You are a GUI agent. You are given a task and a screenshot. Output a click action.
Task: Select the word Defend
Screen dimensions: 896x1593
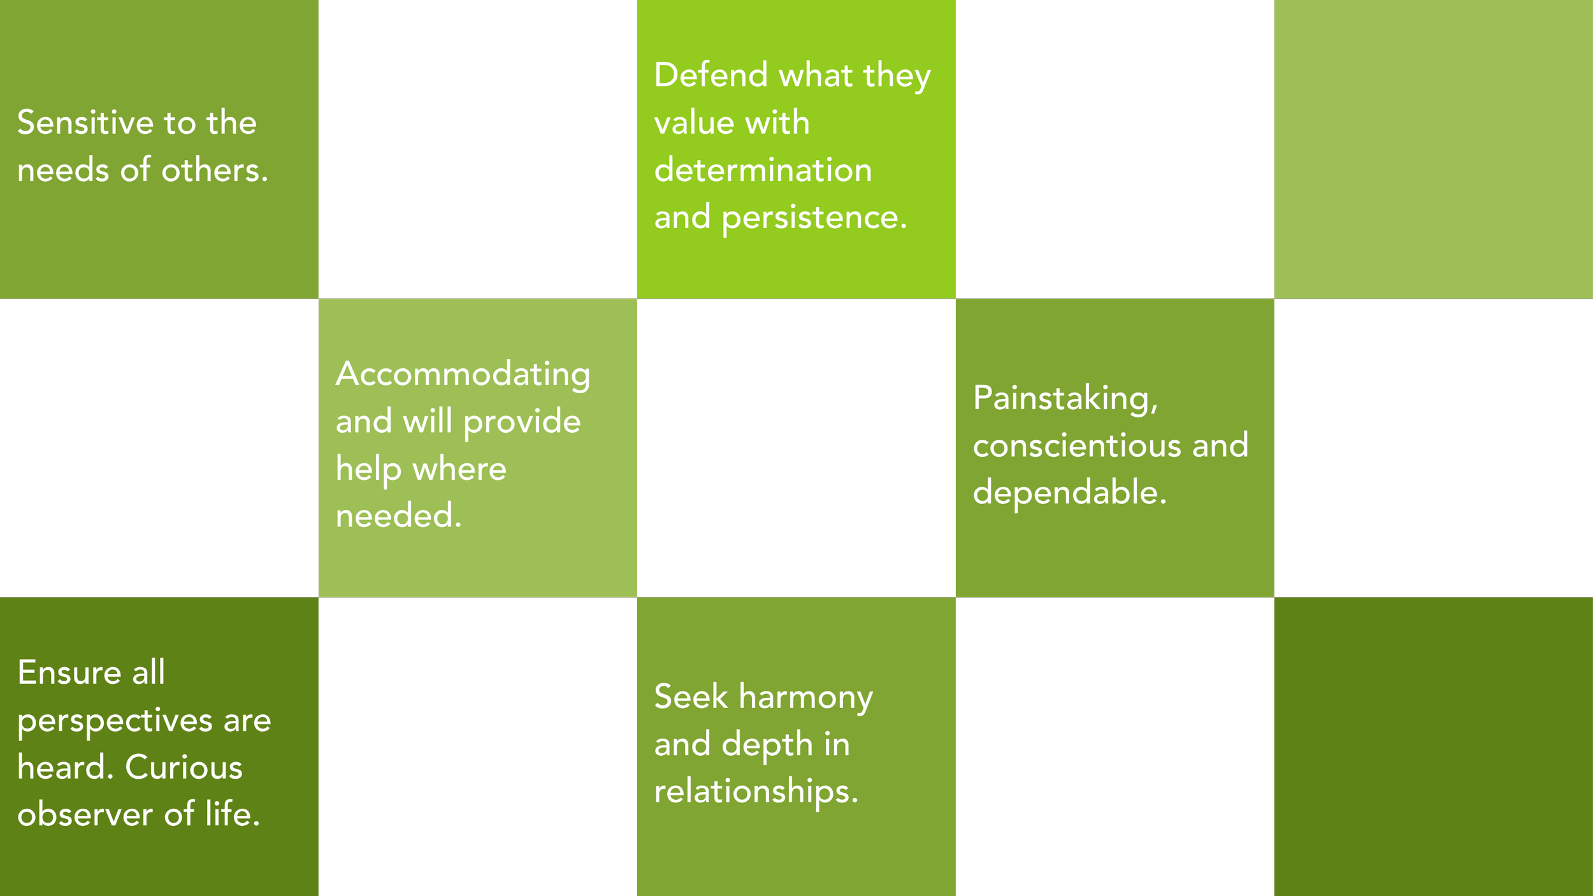710,75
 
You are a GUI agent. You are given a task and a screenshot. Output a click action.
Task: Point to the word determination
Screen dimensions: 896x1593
763,170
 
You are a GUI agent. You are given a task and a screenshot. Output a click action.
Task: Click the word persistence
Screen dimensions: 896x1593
814,218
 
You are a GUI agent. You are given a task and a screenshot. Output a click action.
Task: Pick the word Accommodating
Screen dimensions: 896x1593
463,374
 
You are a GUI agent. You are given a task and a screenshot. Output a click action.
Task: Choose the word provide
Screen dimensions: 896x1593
522,423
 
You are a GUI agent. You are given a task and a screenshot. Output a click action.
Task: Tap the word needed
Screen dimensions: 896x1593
398,516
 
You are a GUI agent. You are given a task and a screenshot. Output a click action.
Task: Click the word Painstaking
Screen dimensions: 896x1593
1065,399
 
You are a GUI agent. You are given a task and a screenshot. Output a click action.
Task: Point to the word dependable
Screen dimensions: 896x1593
1069,493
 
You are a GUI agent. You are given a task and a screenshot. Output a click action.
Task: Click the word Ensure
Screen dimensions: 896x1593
69,672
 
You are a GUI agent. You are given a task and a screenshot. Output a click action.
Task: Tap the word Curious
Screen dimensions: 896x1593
184,767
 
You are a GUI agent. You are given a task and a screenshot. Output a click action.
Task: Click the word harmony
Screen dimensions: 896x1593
805,697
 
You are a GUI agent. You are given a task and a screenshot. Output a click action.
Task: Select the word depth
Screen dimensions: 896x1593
767,744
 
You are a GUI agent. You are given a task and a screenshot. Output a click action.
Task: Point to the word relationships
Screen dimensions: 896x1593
756,792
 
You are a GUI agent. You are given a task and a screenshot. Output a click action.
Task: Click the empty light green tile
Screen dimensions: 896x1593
1434,149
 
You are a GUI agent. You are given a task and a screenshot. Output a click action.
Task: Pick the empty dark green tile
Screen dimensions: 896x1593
1434,747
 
